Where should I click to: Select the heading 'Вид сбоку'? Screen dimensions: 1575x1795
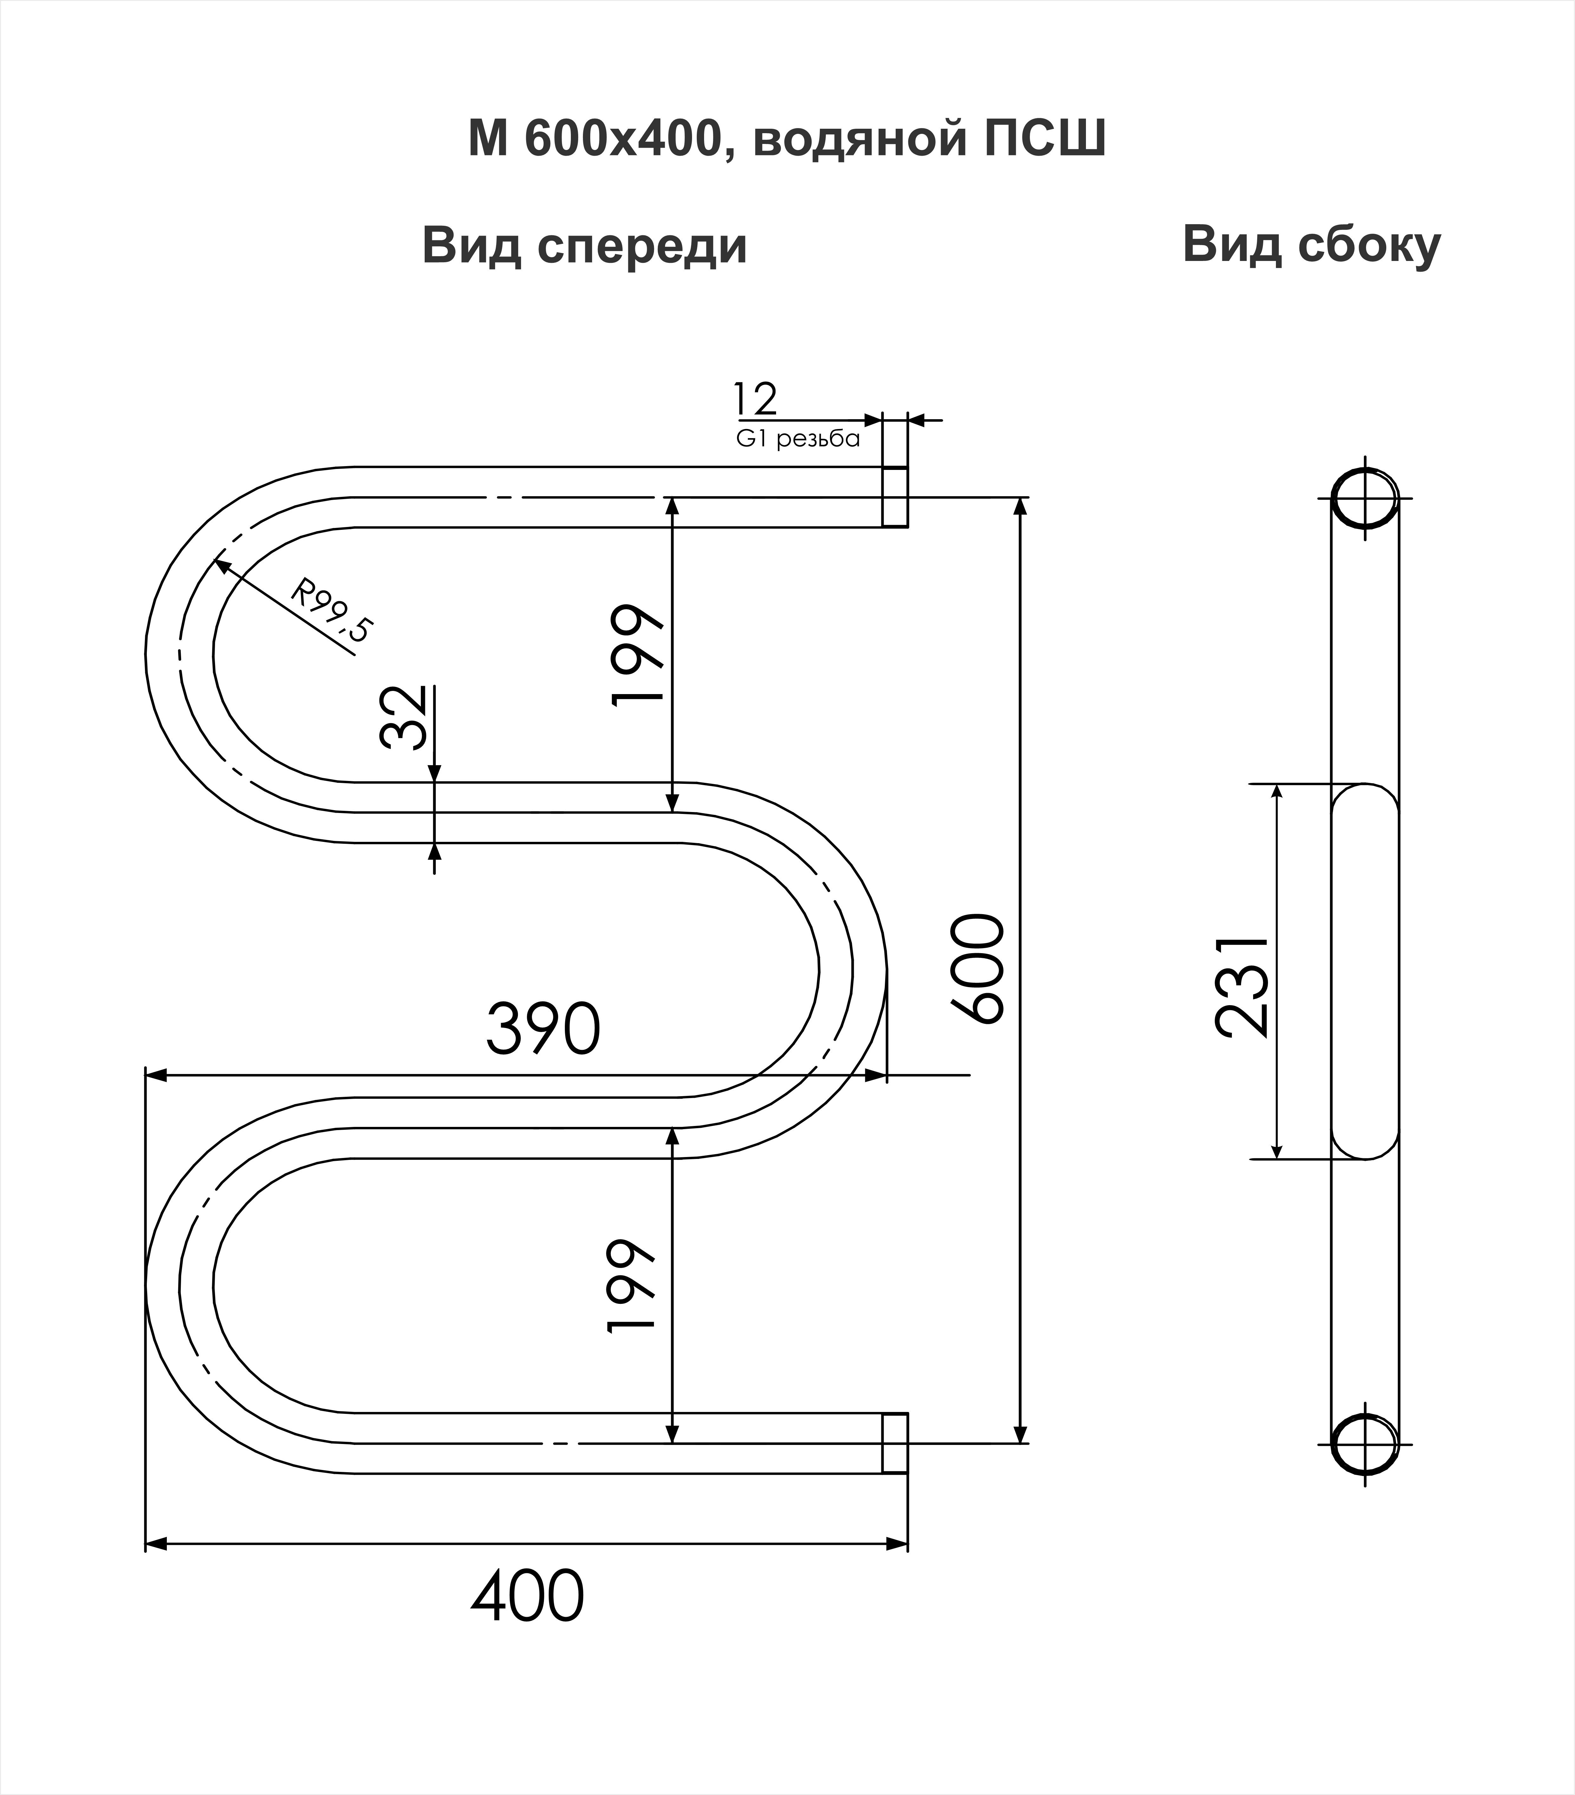[x=1311, y=245]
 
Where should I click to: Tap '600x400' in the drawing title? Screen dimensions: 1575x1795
[x=620, y=139]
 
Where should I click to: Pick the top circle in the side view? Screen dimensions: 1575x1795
[x=1364, y=499]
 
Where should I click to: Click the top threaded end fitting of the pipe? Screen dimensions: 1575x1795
[x=894, y=497]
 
